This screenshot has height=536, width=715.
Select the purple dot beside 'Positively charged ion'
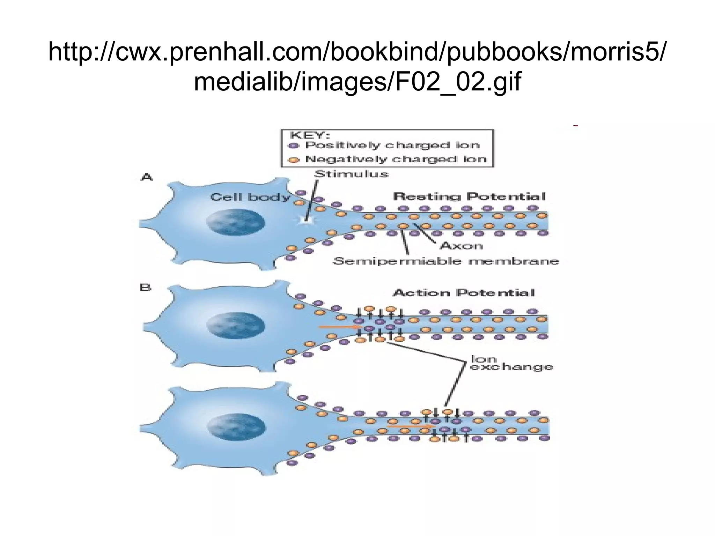[294, 146]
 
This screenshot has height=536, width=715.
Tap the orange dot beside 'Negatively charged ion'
[294, 160]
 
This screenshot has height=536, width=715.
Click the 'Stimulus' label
[351, 174]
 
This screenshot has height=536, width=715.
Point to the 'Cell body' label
[250, 197]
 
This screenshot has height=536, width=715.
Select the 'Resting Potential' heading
[469, 196]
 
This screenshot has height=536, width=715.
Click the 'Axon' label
[461, 246]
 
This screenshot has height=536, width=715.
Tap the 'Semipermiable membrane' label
[446, 261]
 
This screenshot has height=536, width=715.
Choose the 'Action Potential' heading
[464, 292]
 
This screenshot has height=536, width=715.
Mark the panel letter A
[147, 177]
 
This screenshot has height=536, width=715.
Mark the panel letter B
[145, 288]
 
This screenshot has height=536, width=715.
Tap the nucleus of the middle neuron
[235, 327]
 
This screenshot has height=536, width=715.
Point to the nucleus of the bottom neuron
[236, 428]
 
